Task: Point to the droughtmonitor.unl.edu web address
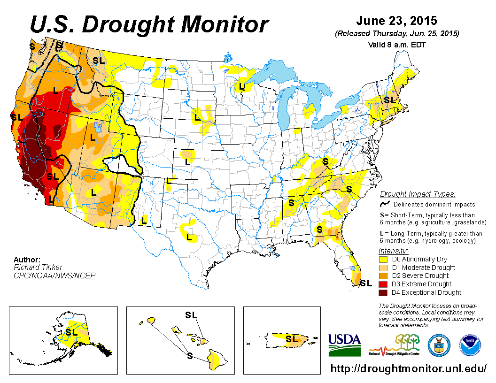click(x=409, y=368)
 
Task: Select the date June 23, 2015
click(x=396, y=21)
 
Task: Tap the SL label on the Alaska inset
click(x=71, y=332)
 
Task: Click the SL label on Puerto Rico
click(x=292, y=338)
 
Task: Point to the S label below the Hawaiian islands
click(x=189, y=356)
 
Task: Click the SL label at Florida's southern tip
click(x=366, y=283)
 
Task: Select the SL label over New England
click(x=389, y=100)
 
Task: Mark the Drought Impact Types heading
click(x=418, y=194)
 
